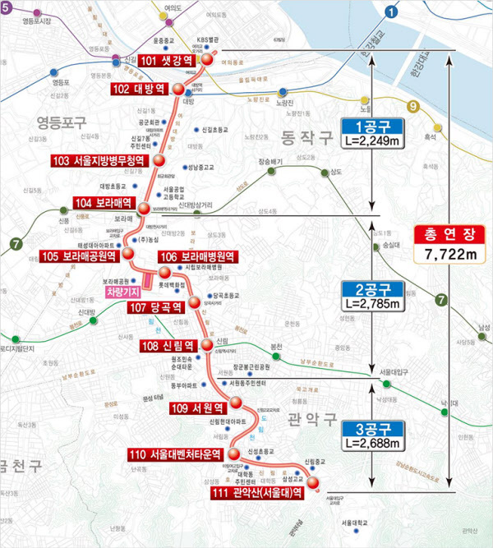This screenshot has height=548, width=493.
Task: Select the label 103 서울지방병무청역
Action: click(98, 160)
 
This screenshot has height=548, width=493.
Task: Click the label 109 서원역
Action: click(198, 408)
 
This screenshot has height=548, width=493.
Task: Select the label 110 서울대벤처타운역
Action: click(176, 454)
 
